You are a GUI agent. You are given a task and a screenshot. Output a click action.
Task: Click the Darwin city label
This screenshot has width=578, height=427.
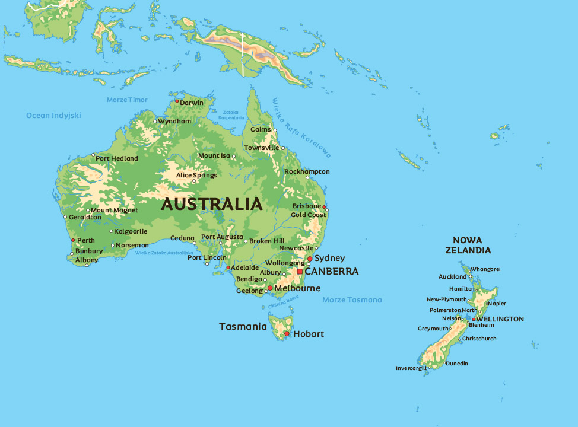point(192,103)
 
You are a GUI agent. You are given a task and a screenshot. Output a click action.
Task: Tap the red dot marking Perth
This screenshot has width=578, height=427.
point(73,240)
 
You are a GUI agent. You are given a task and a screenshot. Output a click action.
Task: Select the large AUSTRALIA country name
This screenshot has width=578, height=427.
point(211,204)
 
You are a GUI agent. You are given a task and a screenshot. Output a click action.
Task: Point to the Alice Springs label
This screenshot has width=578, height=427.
point(196,175)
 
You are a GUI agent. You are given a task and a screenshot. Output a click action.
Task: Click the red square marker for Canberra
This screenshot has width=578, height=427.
point(300,272)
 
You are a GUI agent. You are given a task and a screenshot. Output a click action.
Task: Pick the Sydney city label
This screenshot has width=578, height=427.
point(329,258)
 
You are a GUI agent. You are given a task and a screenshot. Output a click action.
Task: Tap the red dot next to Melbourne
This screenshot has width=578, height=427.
point(270,288)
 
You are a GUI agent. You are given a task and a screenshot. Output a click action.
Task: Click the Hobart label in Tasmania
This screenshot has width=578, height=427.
point(309,334)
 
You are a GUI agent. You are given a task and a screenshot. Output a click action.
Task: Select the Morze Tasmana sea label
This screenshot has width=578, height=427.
point(352,300)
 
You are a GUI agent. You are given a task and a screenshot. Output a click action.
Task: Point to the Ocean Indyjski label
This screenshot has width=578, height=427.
point(53,116)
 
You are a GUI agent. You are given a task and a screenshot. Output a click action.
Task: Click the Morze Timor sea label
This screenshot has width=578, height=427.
point(127,100)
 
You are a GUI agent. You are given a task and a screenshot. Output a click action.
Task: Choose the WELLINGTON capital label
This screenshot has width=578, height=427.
point(500,319)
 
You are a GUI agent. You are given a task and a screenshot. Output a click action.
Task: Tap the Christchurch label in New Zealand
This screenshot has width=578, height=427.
point(479,339)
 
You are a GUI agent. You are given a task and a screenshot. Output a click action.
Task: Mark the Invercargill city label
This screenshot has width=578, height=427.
point(411,368)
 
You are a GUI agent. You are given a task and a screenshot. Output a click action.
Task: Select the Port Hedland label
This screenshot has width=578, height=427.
point(117,158)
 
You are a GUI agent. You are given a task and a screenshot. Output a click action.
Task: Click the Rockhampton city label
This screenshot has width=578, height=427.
point(307,171)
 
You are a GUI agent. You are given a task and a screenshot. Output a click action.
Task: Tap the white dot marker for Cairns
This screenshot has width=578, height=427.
point(274,130)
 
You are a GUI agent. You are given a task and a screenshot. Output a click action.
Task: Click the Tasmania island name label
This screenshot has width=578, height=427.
point(243,326)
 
